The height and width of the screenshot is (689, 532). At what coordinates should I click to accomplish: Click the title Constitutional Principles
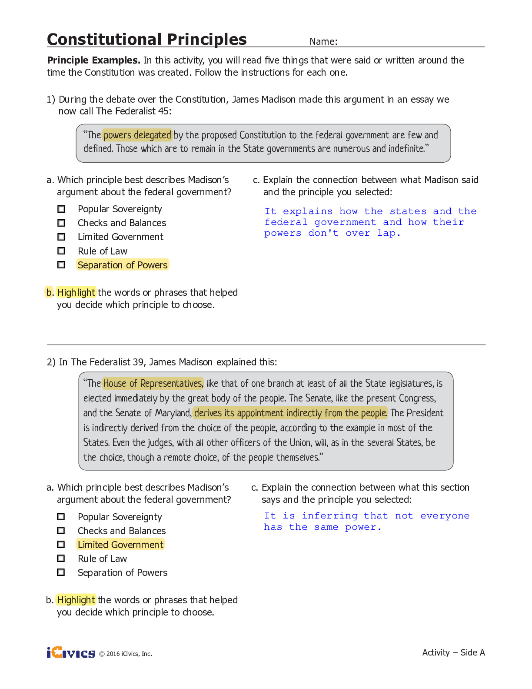coord(146,39)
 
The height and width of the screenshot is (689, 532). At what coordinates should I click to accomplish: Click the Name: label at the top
coord(323,42)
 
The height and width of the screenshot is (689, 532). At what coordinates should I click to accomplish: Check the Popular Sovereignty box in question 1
coord(61,209)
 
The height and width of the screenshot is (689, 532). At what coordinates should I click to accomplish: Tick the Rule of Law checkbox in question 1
coord(61,251)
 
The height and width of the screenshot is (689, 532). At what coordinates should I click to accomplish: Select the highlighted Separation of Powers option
coord(122,265)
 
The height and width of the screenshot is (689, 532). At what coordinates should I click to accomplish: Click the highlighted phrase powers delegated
coord(137,135)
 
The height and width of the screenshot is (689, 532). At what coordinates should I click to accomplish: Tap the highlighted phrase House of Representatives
coord(153,383)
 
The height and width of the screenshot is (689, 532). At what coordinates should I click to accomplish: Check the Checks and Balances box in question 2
coord(61,531)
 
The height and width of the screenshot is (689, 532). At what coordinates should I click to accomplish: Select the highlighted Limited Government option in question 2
coord(120,545)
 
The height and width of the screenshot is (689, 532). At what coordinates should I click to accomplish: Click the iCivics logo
coord(71,653)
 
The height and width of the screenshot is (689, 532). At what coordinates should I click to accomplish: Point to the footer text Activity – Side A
coord(453,652)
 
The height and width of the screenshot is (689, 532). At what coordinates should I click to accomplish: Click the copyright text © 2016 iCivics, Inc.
coord(126,654)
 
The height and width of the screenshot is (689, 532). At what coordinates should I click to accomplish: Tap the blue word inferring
coord(329,516)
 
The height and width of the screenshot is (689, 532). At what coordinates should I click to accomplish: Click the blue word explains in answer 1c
coord(307,211)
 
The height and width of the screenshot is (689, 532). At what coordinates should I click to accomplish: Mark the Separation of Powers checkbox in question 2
coord(61,572)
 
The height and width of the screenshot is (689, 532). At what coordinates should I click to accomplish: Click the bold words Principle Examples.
coord(93,60)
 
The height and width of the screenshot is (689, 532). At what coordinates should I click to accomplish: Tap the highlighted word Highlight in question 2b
coord(76,600)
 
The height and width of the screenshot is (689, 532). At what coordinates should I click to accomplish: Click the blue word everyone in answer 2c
coord(445,516)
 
